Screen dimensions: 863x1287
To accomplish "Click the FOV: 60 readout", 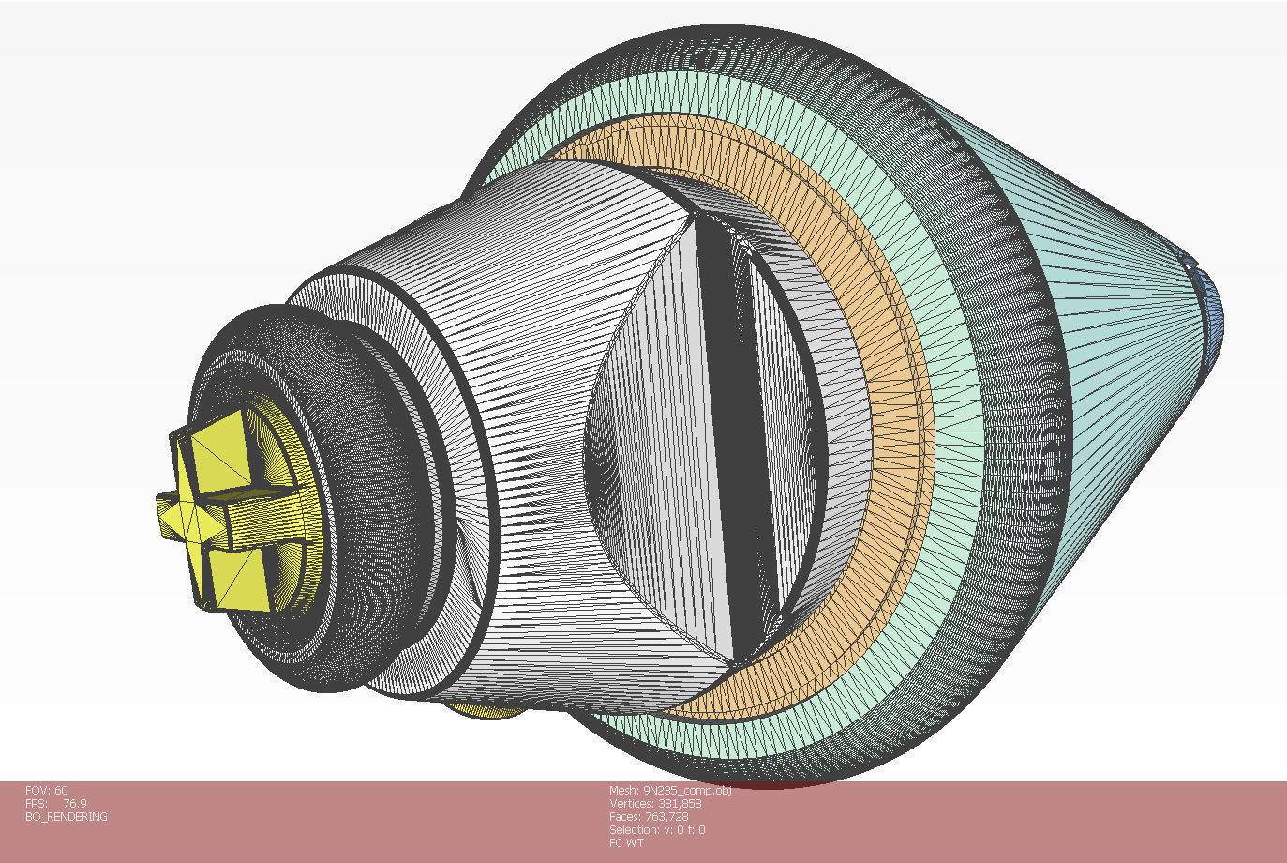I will (x=47, y=791).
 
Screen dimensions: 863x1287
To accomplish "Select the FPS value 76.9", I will (x=75, y=804).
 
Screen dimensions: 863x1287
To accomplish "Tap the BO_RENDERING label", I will (x=67, y=817).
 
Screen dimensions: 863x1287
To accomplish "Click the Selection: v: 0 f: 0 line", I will (x=657, y=830).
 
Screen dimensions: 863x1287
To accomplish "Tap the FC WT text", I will (x=627, y=843).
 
